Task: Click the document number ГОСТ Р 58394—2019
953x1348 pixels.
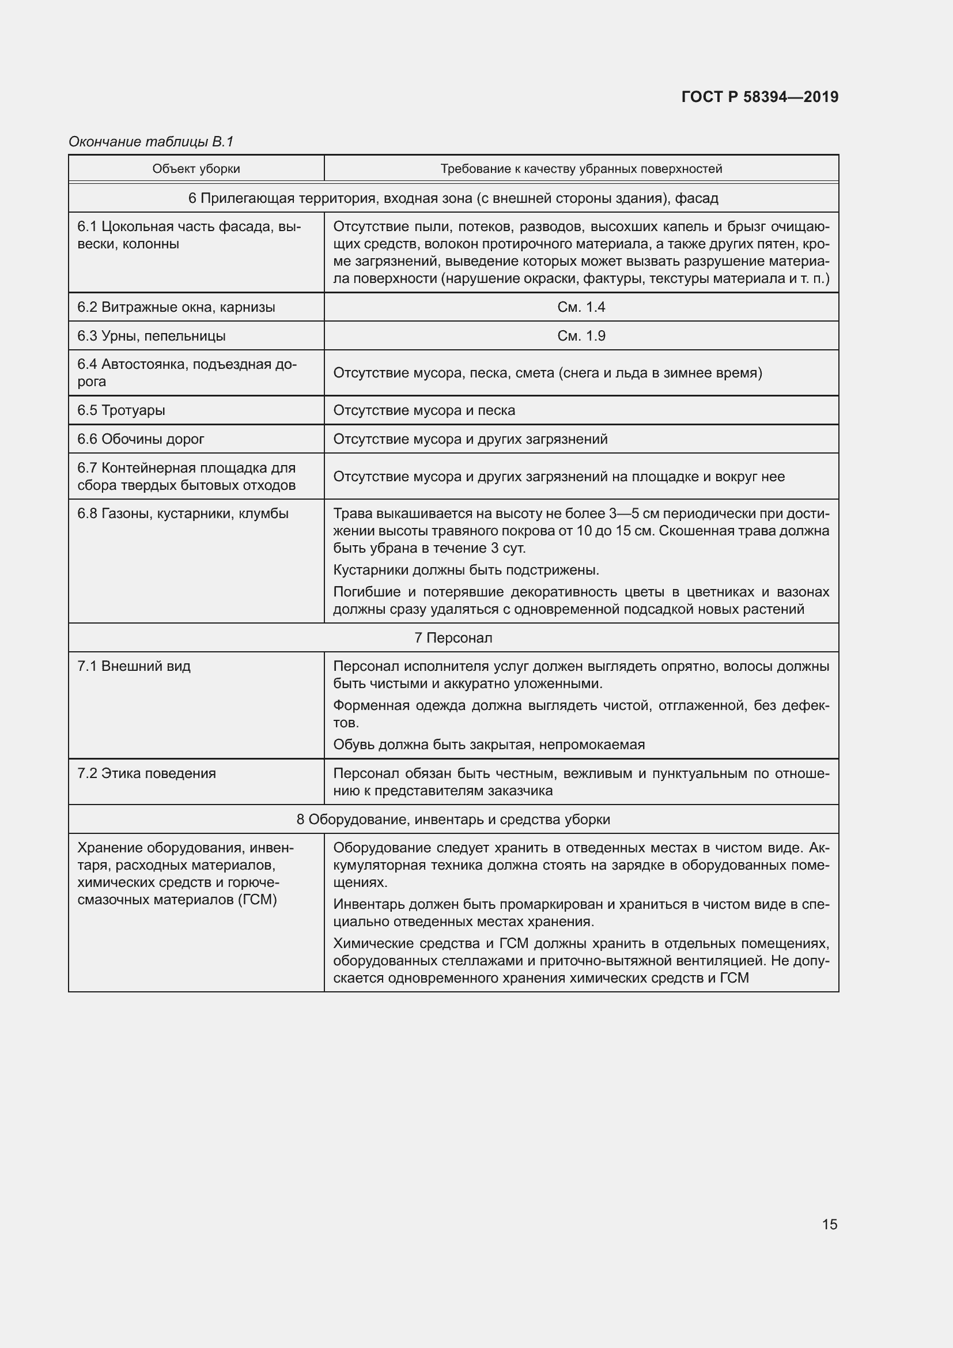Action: pos(759,97)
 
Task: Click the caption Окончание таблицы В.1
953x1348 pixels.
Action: pos(151,142)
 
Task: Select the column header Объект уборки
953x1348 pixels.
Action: pos(196,169)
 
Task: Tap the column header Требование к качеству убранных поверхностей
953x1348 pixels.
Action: pos(581,169)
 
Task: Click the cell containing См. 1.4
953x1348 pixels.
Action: pos(581,307)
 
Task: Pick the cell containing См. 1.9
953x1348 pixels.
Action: pos(581,336)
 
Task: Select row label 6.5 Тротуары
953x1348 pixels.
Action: pos(121,410)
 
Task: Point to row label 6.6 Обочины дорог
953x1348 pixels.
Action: pos(141,439)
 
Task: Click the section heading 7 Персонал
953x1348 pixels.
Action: pos(453,637)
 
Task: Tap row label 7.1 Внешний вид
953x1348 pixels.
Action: pos(134,666)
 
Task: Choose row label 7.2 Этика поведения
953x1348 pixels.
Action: pos(147,773)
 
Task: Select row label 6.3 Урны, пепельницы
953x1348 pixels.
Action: pos(152,336)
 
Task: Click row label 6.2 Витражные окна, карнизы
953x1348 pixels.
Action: pos(176,307)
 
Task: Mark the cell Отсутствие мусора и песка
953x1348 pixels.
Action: pos(423,410)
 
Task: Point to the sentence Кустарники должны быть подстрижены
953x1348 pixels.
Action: pos(466,570)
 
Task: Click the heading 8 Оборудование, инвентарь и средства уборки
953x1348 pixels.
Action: pos(453,819)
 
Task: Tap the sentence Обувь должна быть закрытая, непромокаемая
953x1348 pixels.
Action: pos(488,745)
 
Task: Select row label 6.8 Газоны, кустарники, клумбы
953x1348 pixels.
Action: pos(183,513)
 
